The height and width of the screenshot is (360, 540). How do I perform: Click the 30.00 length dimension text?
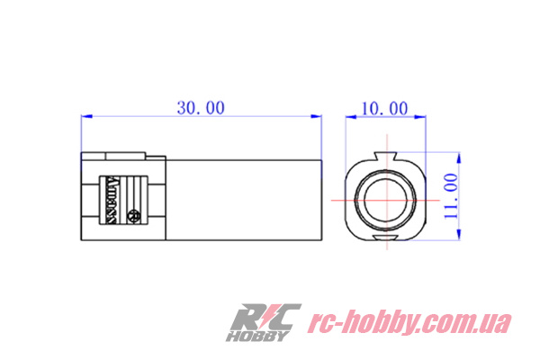[200, 107]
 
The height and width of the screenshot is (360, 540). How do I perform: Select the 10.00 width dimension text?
[385, 108]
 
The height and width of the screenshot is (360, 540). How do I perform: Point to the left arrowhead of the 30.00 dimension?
[85, 116]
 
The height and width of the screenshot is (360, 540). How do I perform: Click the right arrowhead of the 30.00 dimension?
[318, 116]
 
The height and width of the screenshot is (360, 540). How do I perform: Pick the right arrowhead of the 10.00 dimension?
[418, 116]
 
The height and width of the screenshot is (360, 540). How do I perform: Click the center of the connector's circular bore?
[385, 197]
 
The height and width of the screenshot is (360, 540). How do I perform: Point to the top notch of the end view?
[385, 158]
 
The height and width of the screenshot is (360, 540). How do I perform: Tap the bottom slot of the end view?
[385, 238]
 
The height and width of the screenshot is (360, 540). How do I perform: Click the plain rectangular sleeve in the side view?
[245, 198]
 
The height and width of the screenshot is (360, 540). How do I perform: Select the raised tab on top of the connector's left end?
[117, 155]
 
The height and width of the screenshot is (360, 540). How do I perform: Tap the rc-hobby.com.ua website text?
[409, 322]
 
